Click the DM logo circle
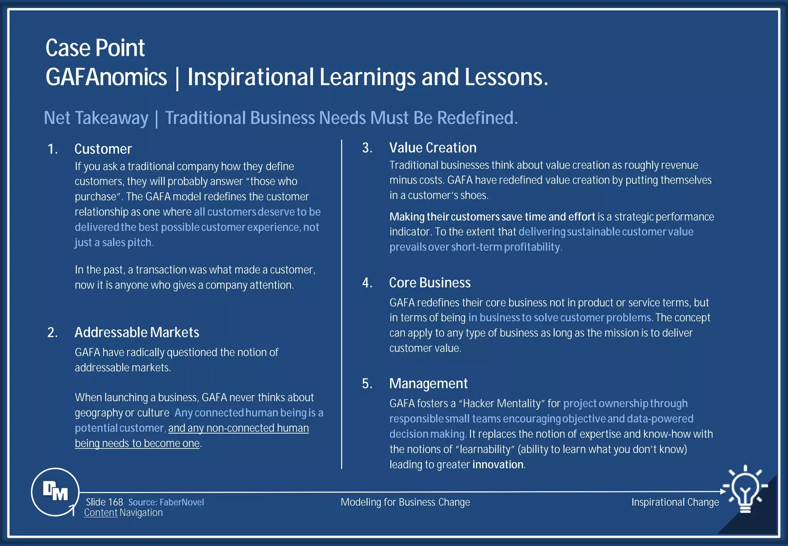point(55,492)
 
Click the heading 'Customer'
point(103,149)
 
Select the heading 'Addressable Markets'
point(137,332)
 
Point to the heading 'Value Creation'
point(433,148)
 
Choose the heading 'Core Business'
point(430,283)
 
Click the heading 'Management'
point(428,384)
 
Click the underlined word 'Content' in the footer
point(101,513)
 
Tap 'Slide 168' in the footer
point(104,502)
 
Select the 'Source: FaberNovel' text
point(166,502)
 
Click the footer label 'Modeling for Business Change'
point(405,502)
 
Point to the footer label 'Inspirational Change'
point(675,502)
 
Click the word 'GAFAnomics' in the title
point(106,77)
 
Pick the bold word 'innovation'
point(498,464)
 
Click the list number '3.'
point(367,148)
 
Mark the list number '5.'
point(367,384)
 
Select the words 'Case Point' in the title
point(95,48)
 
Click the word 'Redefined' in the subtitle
point(477,118)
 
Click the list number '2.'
point(52,332)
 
